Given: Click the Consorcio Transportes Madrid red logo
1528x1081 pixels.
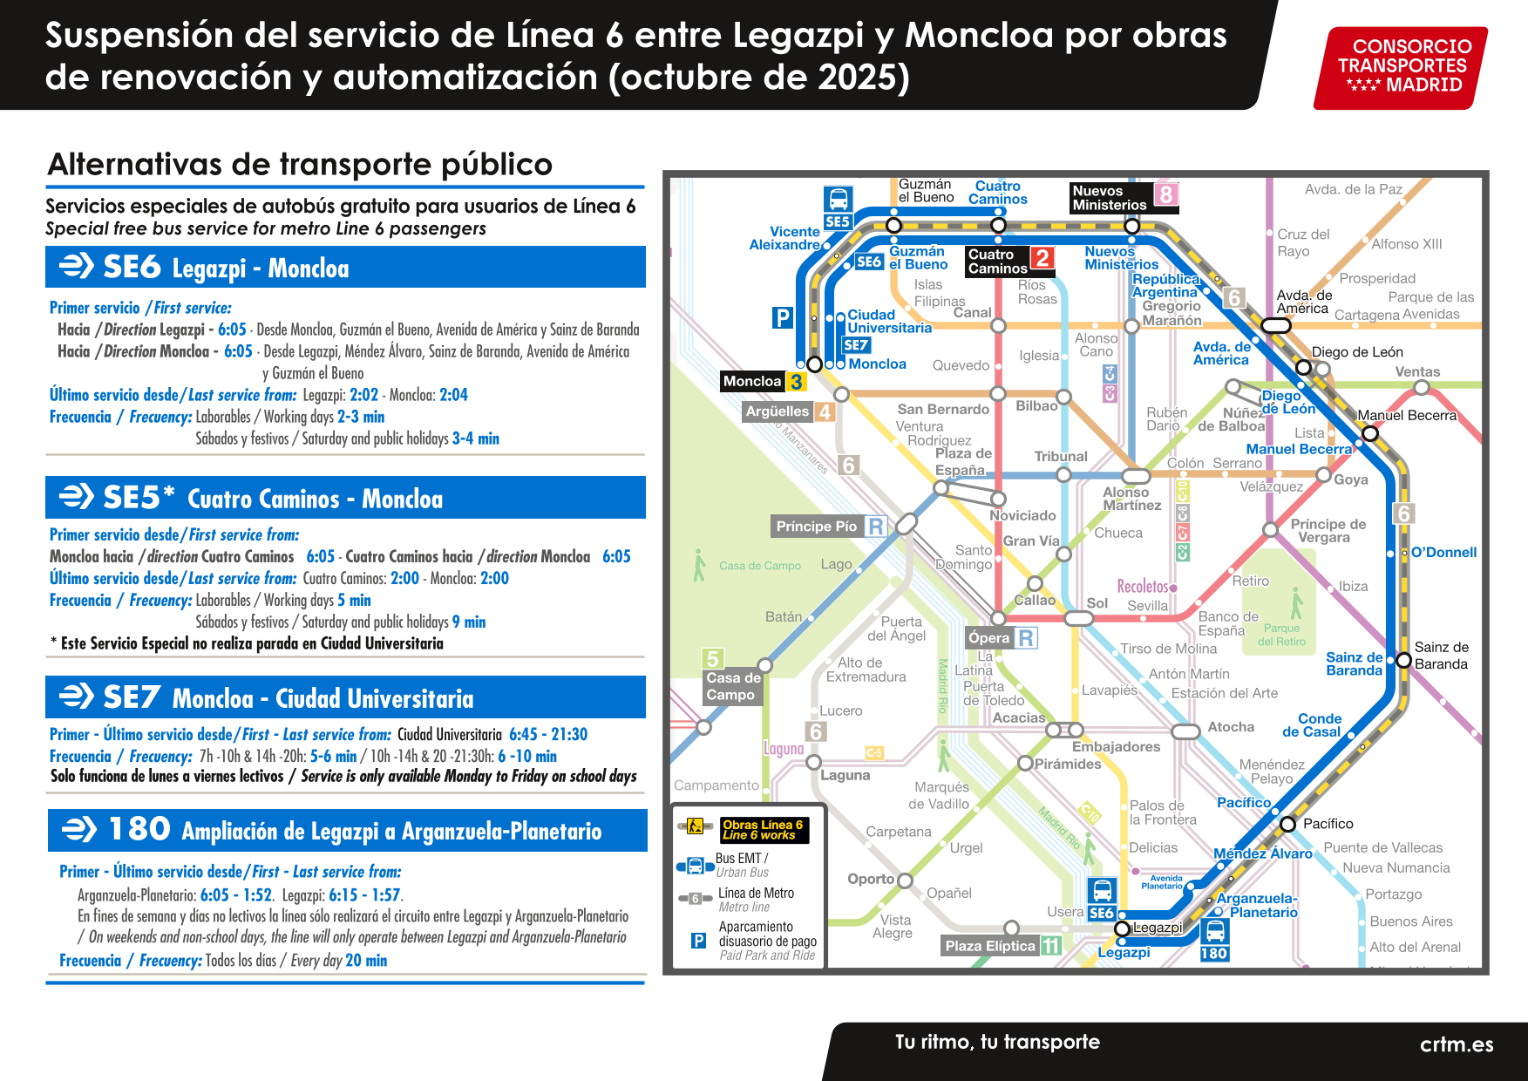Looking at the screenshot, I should [x=1401, y=66].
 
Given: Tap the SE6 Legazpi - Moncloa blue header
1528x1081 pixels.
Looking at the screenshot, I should [x=345, y=267].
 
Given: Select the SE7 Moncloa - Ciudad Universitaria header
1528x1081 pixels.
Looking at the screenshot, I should [x=345, y=697].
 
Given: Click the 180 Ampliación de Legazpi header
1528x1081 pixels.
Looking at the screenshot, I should [x=347, y=830].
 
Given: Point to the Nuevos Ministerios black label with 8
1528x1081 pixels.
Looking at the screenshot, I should [x=1124, y=198].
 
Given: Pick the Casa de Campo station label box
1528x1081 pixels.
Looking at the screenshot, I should [x=733, y=686].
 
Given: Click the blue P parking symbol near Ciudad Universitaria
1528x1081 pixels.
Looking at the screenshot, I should [x=782, y=318].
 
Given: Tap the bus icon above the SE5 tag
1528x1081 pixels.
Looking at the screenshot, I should [x=838, y=199].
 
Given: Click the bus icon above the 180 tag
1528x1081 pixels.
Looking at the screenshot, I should [x=1214, y=930].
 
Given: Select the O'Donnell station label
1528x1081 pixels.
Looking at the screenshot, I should [x=1443, y=552].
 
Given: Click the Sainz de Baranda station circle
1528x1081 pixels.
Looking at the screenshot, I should [x=1403, y=660].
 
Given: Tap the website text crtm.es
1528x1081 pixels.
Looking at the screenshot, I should [x=1456, y=1044].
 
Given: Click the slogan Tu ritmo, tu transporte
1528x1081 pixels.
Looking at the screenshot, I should [x=997, y=1042].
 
